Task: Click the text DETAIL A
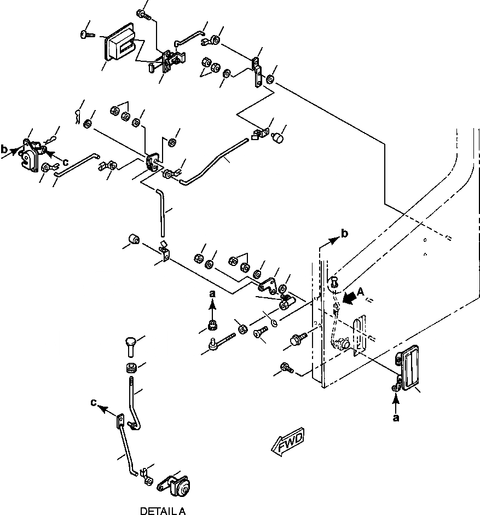(x=163, y=511)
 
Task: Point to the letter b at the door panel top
(x=344, y=233)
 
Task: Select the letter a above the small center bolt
(x=213, y=294)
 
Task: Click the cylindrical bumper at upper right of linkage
(x=280, y=135)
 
